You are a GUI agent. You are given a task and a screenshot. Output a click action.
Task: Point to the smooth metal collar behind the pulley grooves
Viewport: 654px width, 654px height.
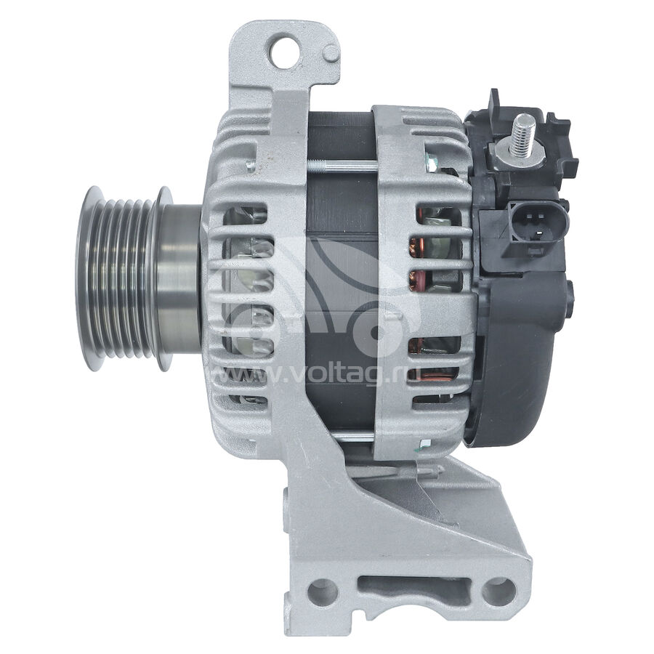point(179,278)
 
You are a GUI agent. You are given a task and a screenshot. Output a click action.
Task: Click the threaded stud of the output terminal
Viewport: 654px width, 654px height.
point(524,134)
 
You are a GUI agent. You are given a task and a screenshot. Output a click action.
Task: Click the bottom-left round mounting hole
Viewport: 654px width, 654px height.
point(323,592)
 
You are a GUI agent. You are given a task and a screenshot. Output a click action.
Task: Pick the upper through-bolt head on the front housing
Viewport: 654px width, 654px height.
point(250,166)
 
